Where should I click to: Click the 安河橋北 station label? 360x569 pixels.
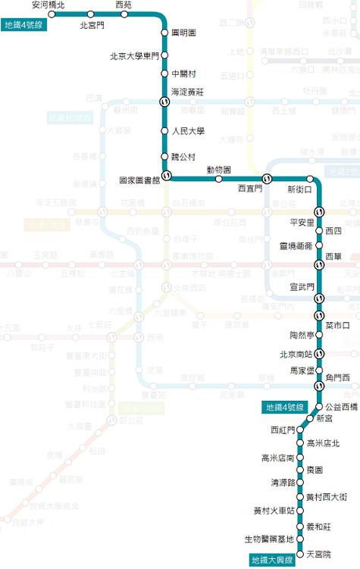[49, 5]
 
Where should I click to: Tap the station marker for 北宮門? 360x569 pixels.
[90, 14]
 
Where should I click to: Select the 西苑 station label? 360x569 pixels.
[124, 5]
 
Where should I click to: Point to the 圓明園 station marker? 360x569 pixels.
[164, 33]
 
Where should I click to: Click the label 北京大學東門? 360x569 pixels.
[135, 55]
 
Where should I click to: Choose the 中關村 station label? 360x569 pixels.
[184, 73]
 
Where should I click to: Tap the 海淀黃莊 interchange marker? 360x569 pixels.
[164, 101]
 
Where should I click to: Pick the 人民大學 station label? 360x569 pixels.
[189, 130]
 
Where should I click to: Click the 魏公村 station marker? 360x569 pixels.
[164, 155]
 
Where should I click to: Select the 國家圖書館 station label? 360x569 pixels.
[139, 181]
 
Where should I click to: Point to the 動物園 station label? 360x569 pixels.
[218, 170]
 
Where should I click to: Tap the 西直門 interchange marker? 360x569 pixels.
[267, 178]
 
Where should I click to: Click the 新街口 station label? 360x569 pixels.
[301, 189]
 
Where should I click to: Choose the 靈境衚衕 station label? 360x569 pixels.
[296, 246]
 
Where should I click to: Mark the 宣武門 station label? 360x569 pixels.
[302, 287]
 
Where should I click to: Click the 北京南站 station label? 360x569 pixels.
[296, 353]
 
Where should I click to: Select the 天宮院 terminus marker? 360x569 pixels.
[301, 555]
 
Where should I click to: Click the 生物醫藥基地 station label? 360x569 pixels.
[268, 539]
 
